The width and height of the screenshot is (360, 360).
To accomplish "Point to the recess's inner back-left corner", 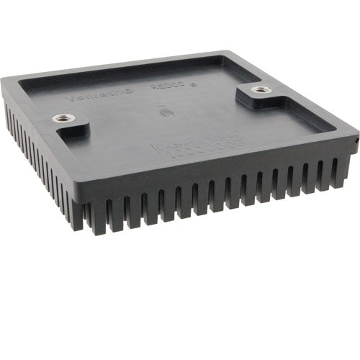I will tap(22, 79).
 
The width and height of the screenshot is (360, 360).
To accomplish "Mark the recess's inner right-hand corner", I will tap(333, 130).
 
